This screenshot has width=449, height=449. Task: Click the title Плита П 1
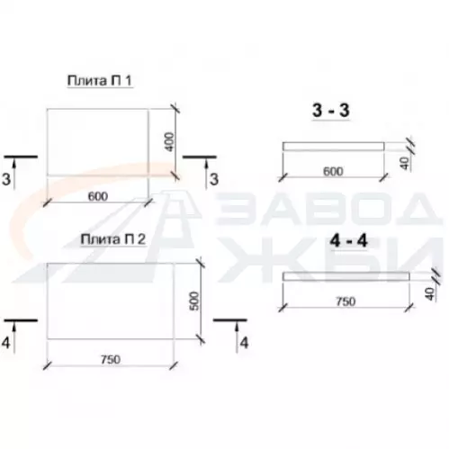point(100,81)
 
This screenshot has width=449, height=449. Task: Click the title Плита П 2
point(113,239)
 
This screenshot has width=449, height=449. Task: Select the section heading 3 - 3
point(331,110)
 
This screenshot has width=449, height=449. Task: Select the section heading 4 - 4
point(348,240)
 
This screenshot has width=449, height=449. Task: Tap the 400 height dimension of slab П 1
point(170,142)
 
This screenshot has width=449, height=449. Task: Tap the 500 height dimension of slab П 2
point(194,301)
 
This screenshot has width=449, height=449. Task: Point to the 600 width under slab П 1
point(98,196)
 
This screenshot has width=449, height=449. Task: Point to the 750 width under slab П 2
point(111,359)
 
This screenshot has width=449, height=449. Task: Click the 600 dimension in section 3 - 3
point(333,172)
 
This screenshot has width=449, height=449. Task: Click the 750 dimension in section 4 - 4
point(346,301)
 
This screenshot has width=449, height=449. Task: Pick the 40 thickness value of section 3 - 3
point(405,163)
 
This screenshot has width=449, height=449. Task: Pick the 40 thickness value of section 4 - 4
point(430,294)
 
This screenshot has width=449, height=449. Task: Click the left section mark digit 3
point(6,179)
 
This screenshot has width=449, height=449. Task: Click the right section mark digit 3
point(214,179)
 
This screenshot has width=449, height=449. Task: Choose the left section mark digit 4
point(6,343)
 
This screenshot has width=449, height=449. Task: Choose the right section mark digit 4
point(244,343)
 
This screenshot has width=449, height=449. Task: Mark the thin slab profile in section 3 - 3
point(333,147)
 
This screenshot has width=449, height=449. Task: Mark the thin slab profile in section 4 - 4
point(346,276)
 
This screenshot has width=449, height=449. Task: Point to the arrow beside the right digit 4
point(237,337)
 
